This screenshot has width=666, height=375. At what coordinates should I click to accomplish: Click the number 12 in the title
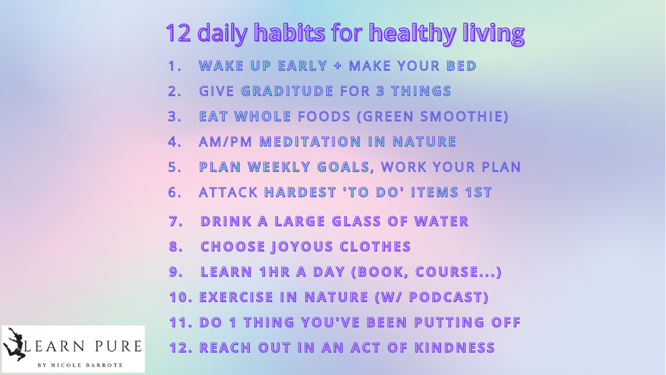pyautogui.click(x=178, y=33)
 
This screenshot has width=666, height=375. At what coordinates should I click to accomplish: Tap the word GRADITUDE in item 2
pyautogui.click(x=287, y=91)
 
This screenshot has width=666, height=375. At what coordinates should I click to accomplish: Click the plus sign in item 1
pyautogui.click(x=338, y=66)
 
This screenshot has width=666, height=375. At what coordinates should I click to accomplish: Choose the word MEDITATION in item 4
pyautogui.click(x=310, y=141)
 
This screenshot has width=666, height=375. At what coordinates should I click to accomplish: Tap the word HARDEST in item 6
pyautogui.click(x=300, y=192)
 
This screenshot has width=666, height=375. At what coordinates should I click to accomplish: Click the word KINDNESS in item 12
pyautogui.click(x=454, y=347)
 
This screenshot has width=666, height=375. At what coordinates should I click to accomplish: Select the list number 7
pyautogui.click(x=176, y=221)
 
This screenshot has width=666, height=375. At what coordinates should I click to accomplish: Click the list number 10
pyautogui.click(x=181, y=297)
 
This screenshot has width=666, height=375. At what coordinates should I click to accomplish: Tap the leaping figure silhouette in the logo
pyautogui.click(x=14, y=344)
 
